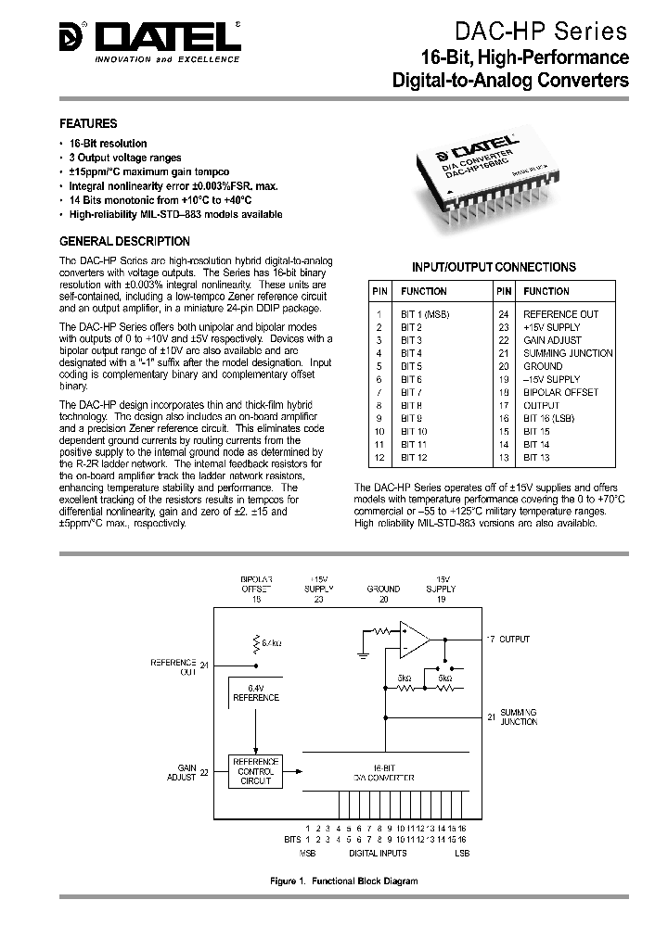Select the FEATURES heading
[x=88, y=123]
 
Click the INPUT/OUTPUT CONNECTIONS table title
[x=494, y=267]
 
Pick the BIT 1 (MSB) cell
[x=425, y=314]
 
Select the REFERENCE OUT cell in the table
[x=560, y=314]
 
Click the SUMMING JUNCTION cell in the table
[x=568, y=353]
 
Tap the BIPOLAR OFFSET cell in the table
[x=560, y=392]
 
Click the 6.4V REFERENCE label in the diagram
[x=255, y=691]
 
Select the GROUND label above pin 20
[x=383, y=589]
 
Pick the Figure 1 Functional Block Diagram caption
[x=343, y=881]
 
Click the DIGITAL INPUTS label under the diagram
[x=379, y=851]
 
